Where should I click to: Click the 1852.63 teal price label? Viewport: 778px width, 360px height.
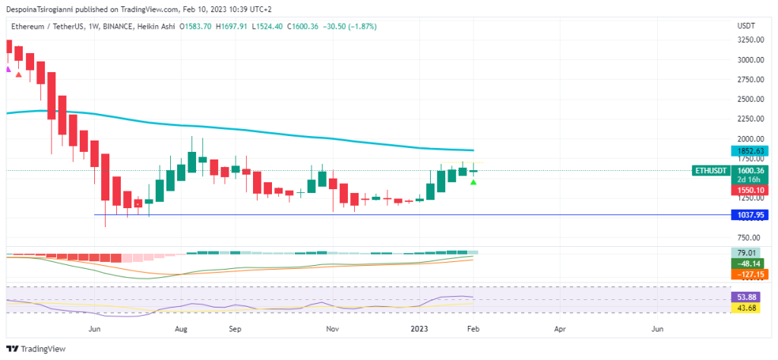pos(751,151)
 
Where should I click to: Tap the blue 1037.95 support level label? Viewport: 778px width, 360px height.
pos(751,216)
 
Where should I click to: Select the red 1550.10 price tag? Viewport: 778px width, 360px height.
pos(751,190)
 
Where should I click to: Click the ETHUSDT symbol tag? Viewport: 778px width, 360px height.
pos(712,171)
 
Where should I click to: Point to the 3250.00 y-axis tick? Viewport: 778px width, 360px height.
pos(751,40)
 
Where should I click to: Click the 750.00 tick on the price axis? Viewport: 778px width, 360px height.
pos(751,238)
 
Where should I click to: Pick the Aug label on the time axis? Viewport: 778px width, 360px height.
pos(181,330)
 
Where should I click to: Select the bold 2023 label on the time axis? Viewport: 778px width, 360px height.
pos(420,330)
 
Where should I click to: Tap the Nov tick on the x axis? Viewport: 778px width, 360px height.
pos(332,330)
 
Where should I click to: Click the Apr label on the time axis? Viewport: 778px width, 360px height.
pos(560,330)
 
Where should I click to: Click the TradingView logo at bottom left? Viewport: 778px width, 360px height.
pos(36,349)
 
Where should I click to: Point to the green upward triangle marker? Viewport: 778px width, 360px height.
pos(474,183)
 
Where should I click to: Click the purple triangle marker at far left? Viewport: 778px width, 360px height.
pos(8,70)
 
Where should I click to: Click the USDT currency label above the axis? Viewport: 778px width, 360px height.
pos(747,26)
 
